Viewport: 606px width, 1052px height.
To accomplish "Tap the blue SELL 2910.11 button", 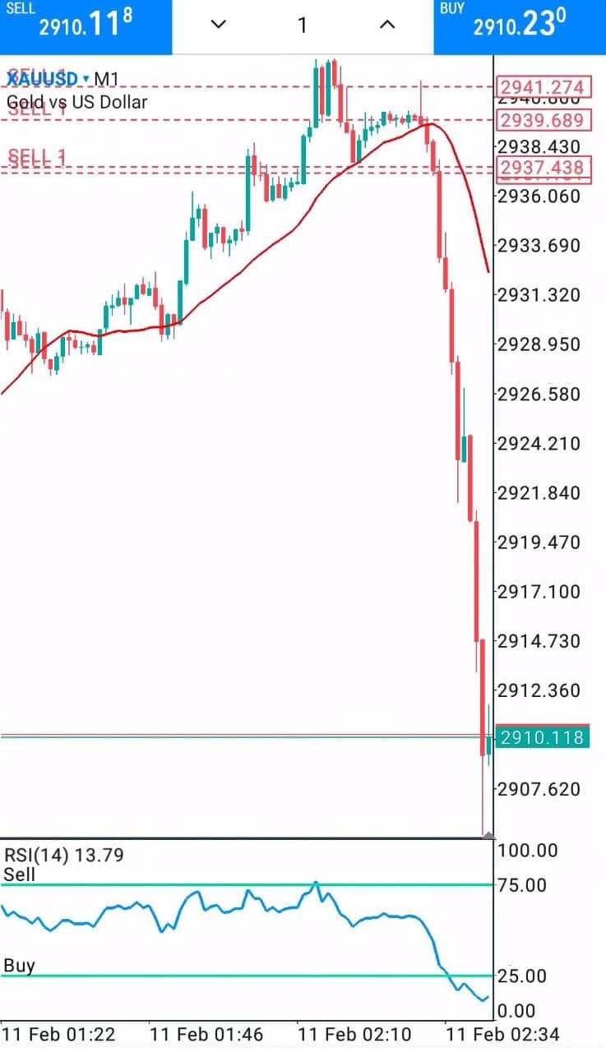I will (x=86, y=26).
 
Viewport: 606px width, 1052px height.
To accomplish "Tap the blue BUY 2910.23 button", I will (x=520, y=26).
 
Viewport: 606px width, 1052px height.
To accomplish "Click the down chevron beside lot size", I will (x=218, y=25).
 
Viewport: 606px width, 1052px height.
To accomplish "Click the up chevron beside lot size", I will (x=387, y=25).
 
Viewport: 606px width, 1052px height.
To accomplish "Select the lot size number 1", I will (x=302, y=25).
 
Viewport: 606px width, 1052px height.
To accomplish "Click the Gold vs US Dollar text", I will (x=77, y=103).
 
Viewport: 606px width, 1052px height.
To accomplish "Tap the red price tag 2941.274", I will (x=543, y=87).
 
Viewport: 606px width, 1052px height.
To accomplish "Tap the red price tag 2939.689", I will (x=543, y=121).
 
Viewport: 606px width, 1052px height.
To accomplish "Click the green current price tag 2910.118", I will (x=543, y=737).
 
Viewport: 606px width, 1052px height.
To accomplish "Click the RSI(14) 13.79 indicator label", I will (x=63, y=855).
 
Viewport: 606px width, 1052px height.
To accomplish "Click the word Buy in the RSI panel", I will (x=19, y=965).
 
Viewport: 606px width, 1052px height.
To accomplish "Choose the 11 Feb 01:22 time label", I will (x=58, y=1032).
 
